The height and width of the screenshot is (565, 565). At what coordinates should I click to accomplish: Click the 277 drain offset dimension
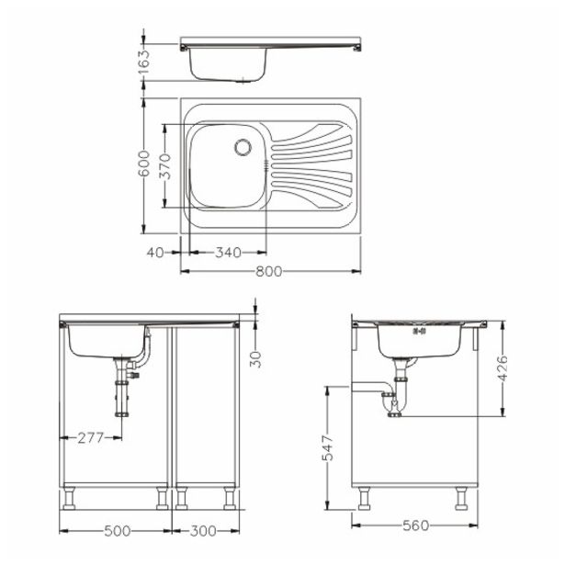[x=89, y=437]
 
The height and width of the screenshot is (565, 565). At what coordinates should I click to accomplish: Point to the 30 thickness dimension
[x=256, y=358]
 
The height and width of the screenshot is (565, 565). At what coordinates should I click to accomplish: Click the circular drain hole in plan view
[x=243, y=146]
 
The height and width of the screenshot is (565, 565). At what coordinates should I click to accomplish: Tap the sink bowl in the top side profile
[x=227, y=65]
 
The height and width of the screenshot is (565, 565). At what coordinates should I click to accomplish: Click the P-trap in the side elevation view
[x=392, y=402]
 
